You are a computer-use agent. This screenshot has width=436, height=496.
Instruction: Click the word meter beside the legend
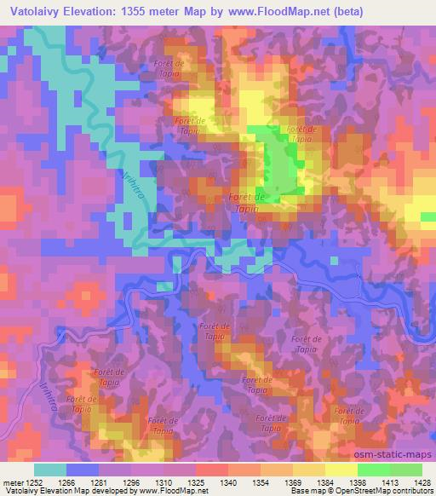pos(14,482)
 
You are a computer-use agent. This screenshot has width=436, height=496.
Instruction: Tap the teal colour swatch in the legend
pos(50,470)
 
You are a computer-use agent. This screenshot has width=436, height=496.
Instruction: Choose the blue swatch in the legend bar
pos(83,470)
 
